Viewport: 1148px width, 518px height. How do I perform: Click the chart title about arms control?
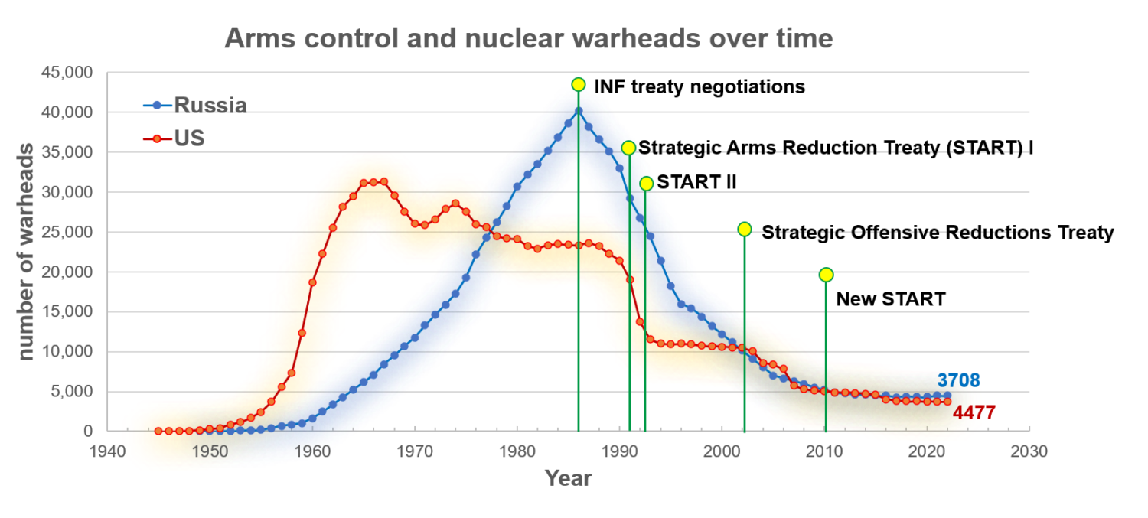tap(528, 37)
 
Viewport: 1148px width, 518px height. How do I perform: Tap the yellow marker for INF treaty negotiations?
tap(579, 84)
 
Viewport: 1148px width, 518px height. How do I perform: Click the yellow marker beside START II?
tap(646, 184)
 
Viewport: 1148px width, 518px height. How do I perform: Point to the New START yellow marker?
tap(826, 275)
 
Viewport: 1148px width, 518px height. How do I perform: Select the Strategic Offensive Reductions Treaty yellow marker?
tap(745, 230)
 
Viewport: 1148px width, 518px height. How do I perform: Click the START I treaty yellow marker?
tap(628, 148)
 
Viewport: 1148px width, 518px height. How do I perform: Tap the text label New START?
tap(890, 299)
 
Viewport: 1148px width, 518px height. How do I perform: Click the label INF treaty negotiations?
tap(700, 87)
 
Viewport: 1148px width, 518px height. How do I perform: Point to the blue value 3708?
tap(958, 380)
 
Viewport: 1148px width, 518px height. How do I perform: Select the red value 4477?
tap(974, 413)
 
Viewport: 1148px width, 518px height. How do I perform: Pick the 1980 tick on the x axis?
tap(517, 451)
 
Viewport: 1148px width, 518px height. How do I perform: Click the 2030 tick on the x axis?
tap(1029, 451)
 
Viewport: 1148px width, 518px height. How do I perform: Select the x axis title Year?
tap(568, 479)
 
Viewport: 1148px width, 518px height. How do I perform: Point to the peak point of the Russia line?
tap(579, 111)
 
